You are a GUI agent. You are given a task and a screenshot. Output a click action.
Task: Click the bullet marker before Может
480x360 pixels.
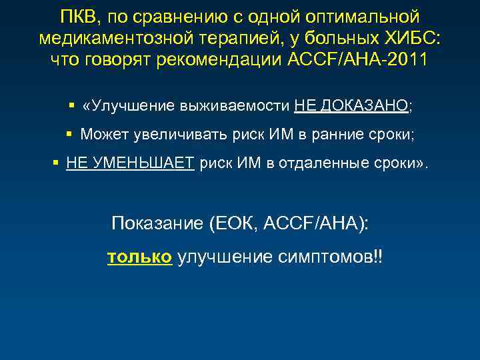(69, 134)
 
